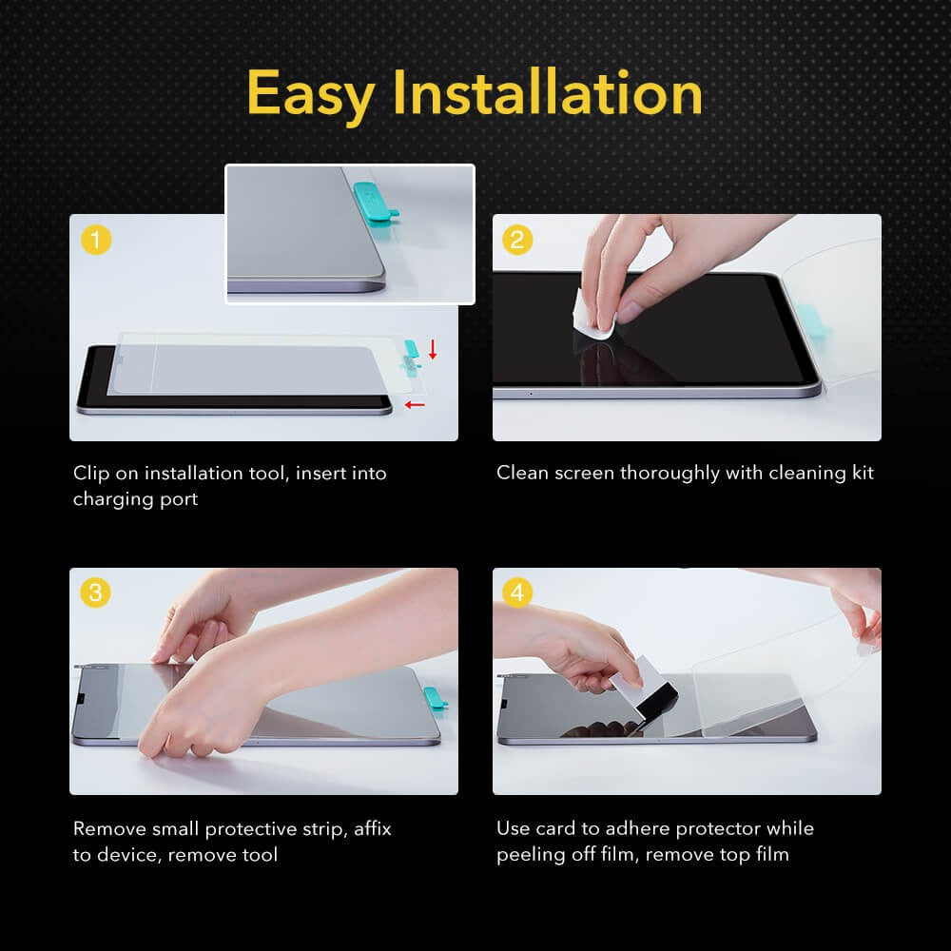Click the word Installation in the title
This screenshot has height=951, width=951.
547,93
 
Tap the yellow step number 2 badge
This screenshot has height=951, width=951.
517,240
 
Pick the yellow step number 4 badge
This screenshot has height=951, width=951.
517,593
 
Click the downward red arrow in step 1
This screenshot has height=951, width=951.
433,350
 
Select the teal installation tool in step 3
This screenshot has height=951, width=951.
435,699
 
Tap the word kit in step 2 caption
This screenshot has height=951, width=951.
860,473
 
